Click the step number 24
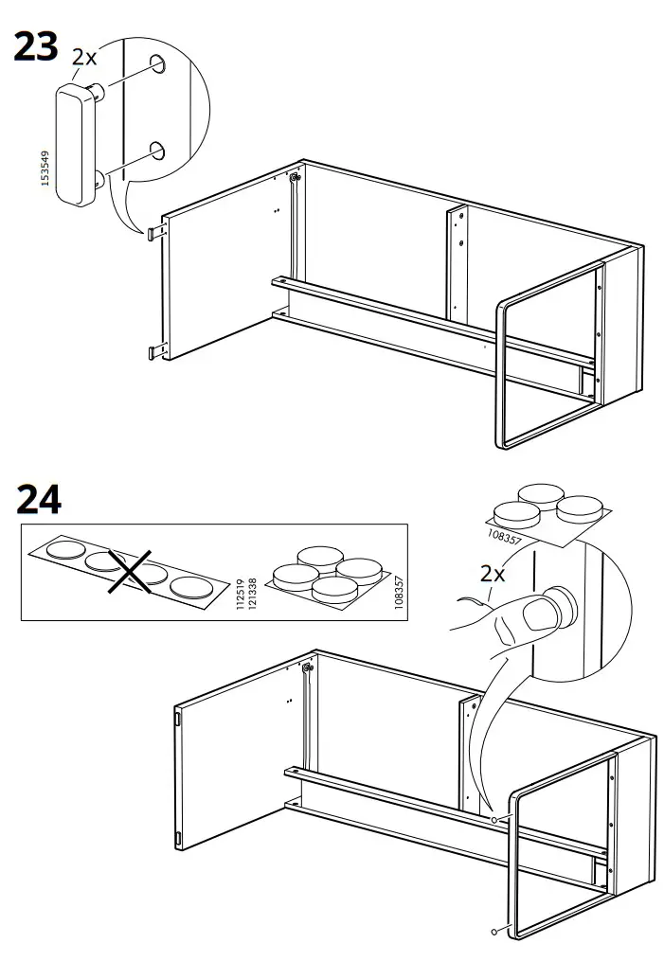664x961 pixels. [x=39, y=498]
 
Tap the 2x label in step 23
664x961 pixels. [x=84, y=57]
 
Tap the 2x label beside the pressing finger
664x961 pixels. [x=491, y=574]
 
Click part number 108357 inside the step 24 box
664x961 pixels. [x=397, y=593]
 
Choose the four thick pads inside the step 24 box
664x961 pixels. [x=327, y=572]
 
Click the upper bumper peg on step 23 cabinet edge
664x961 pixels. [x=154, y=229]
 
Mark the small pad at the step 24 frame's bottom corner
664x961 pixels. [x=494, y=932]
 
